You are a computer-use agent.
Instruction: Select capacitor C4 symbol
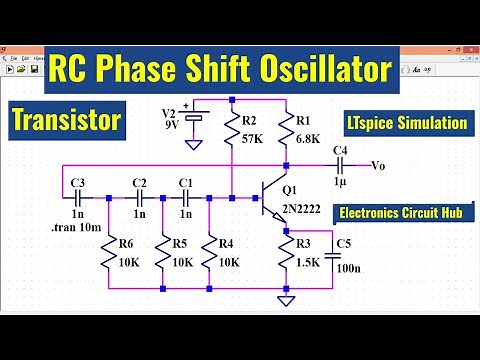point(339,166)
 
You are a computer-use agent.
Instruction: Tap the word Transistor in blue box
point(66,120)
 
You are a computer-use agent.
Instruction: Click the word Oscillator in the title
point(318,70)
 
